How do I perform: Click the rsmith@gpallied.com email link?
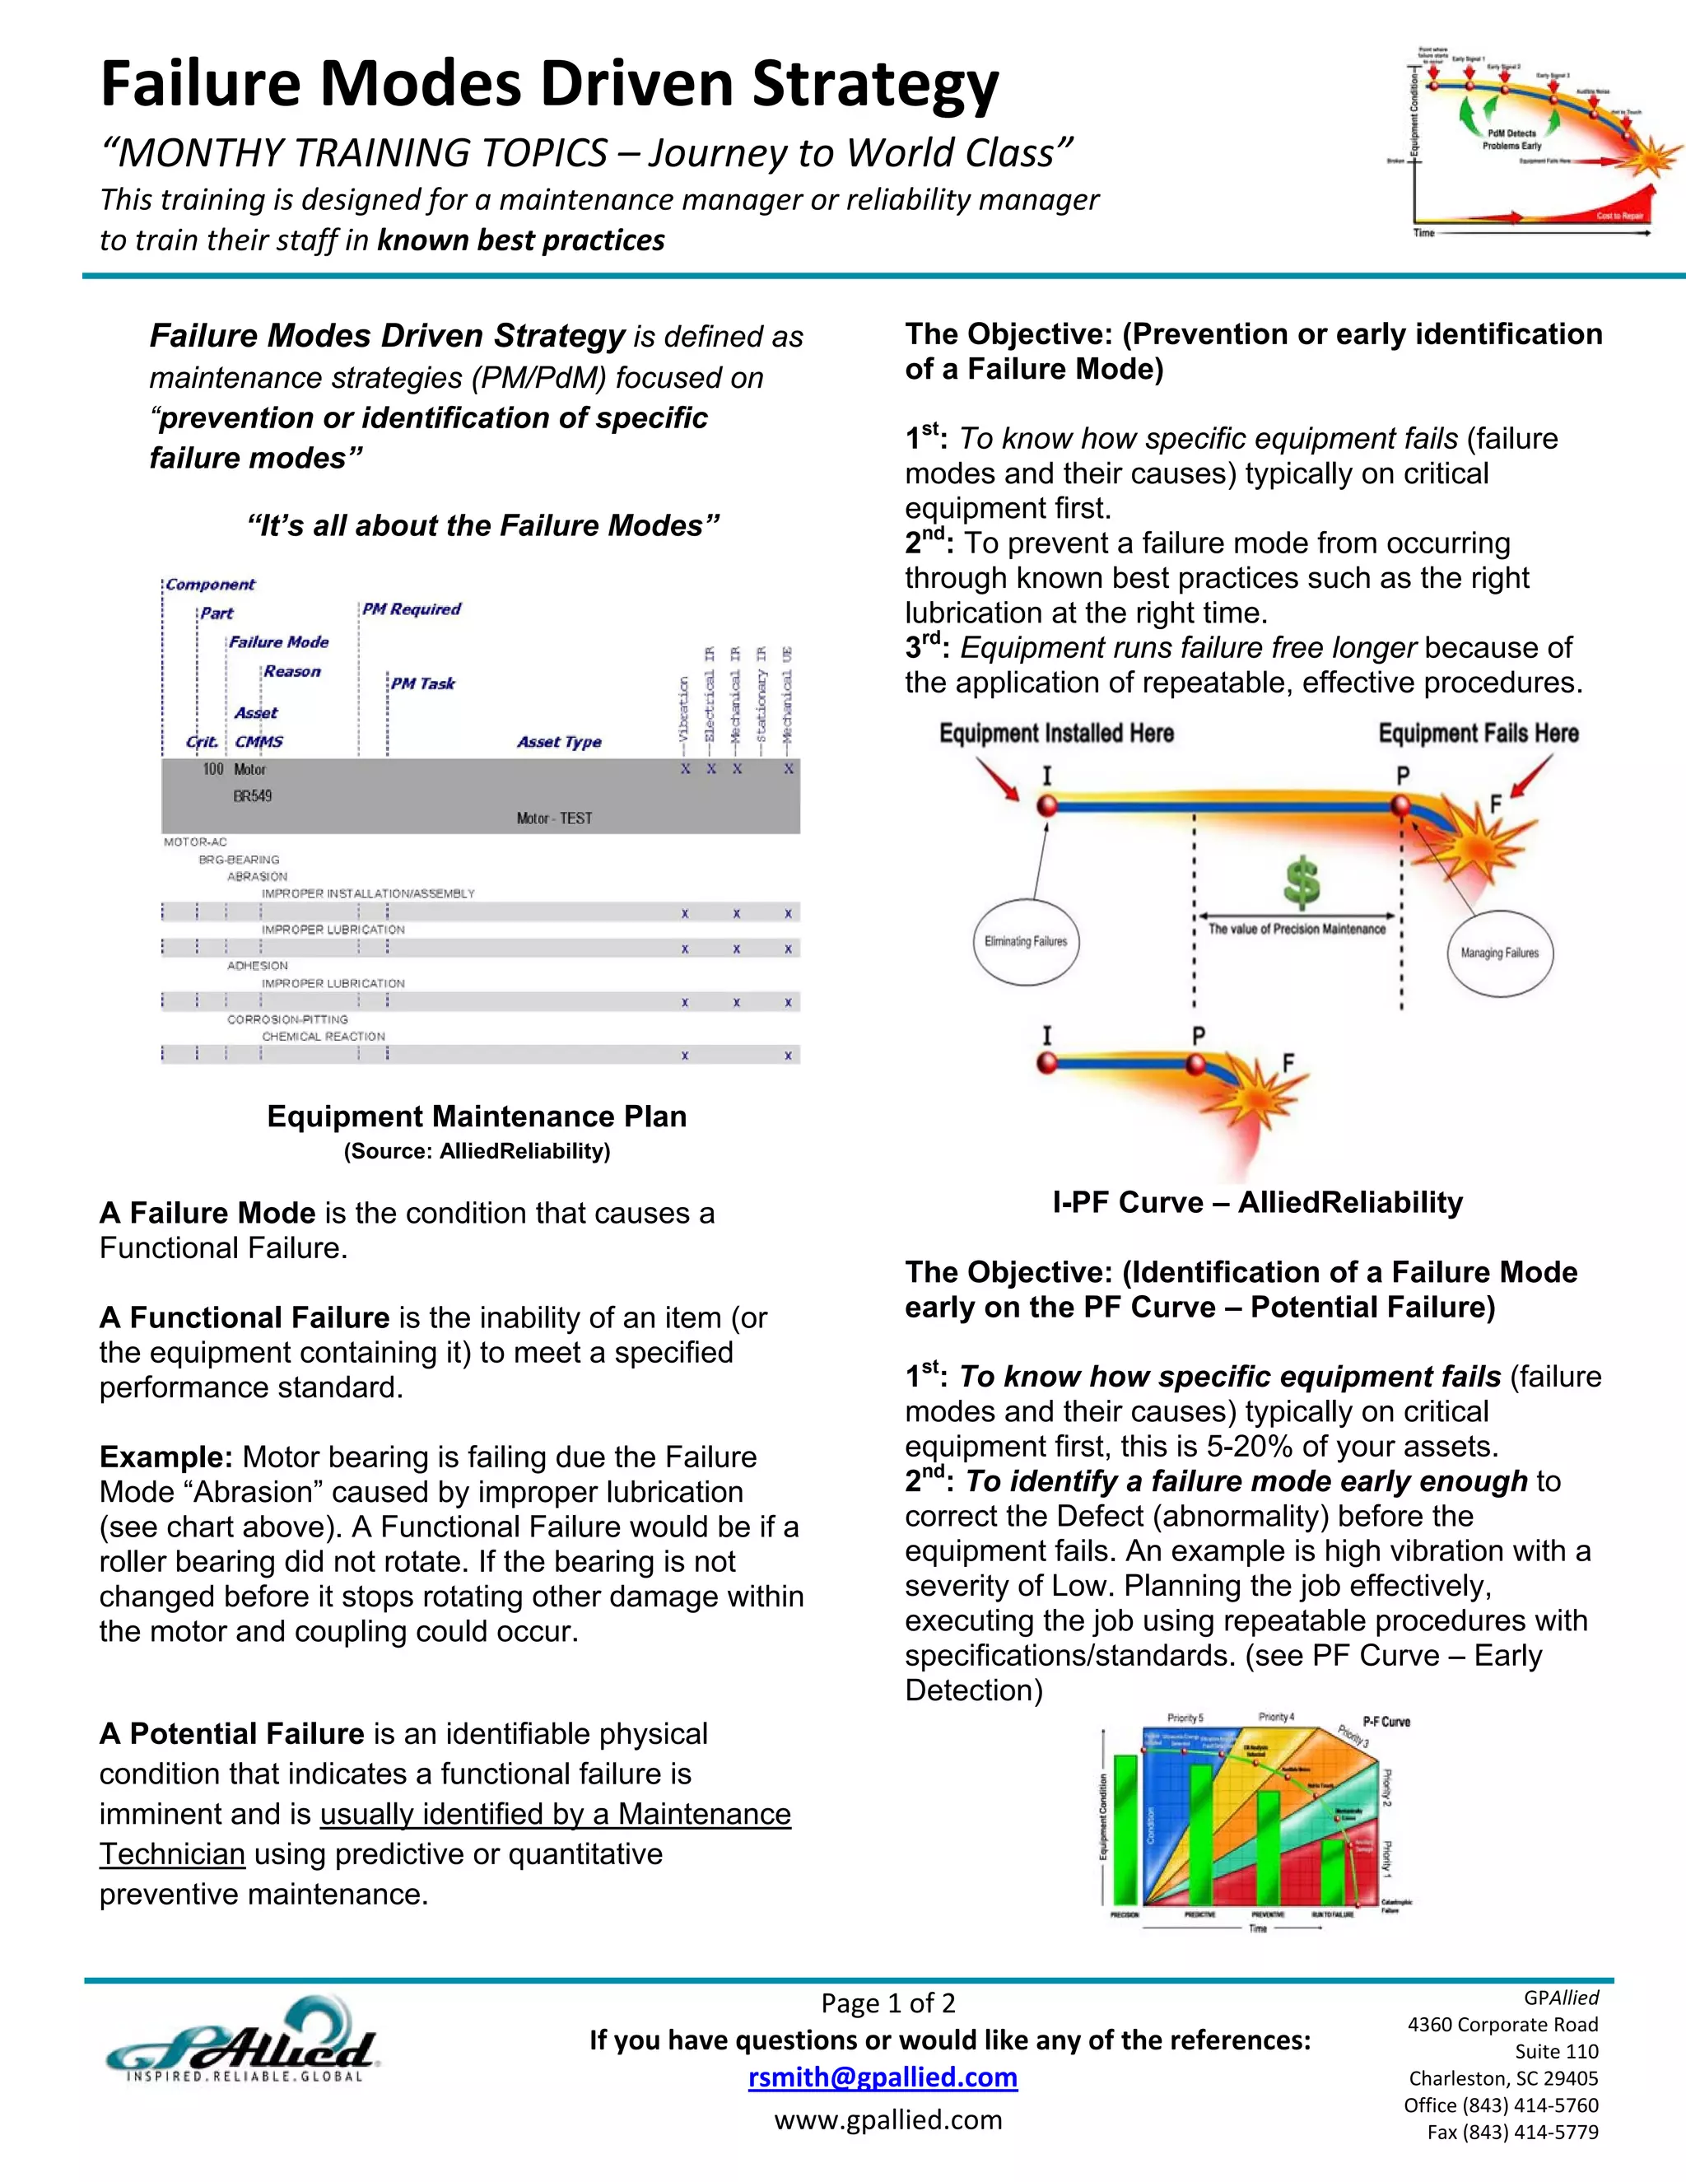coord(883,2077)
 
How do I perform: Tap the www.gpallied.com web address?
coord(888,2119)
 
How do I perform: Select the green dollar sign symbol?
coord(1302,881)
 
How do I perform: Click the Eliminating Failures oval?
coord(1026,941)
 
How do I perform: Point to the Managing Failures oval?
coord(1499,952)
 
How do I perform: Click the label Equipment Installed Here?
coord(1055,734)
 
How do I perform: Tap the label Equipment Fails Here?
coord(1479,734)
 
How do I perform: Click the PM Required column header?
coord(412,609)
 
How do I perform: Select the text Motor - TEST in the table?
coord(554,818)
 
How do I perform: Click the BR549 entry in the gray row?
coord(253,796)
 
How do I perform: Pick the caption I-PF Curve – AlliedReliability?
coord(1258,1202)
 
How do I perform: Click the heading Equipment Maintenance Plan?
coord(477,1116)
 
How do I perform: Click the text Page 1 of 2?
coord(888,2002)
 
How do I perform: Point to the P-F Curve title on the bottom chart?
coord(1386,1722)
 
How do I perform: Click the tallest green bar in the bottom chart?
coord(1125,1828)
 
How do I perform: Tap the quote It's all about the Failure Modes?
coord(483,525)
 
